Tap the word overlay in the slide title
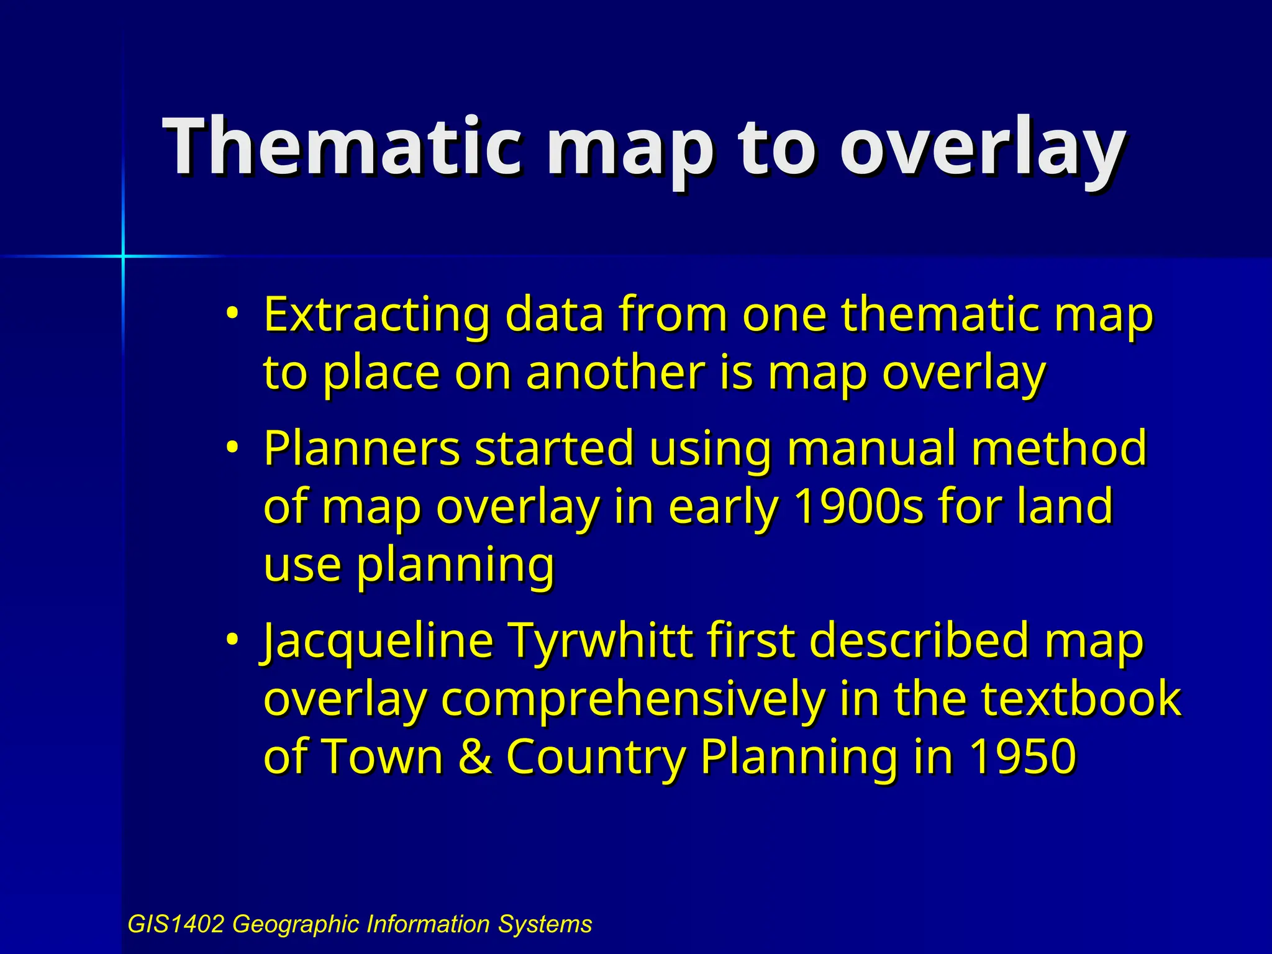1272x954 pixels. [x=981, y=149]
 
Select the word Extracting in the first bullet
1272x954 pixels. [x=376, y=314]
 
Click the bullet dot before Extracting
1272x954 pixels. [x=232, y=312]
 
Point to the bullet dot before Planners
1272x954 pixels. [x=232, y=447]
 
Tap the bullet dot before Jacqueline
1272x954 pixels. [x=232, y=639]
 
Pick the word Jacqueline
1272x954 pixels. [x=378, y=642]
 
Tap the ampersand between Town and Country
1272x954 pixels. [x=475, y=757]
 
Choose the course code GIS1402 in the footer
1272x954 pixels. [x=175, y=924]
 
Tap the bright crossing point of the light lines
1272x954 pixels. [x=123, y=256]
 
